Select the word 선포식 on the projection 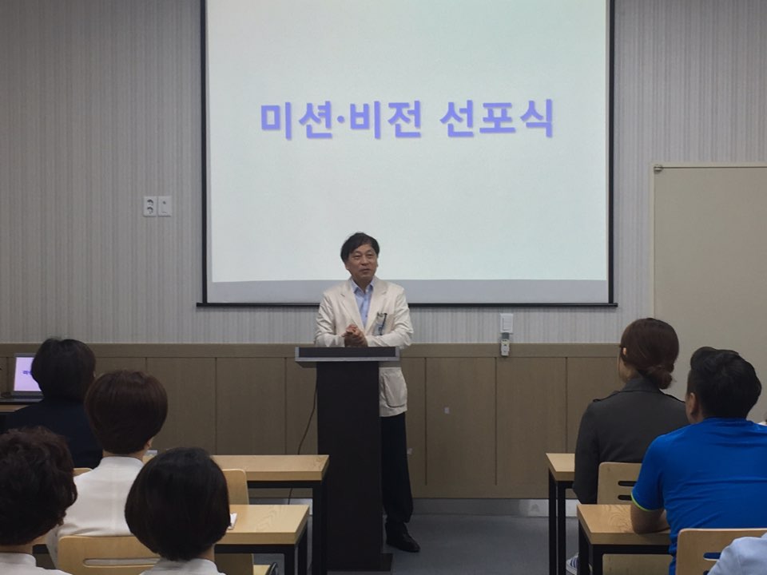point(496,118)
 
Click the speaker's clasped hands point(355,336)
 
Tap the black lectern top point(347,354)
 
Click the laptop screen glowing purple point(26,375)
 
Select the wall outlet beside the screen point(157,206)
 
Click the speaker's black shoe point(403,541)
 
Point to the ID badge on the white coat point(380,323)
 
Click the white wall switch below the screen point(507,323)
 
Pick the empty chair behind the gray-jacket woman point(618,483)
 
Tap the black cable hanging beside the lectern point(304,435)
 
